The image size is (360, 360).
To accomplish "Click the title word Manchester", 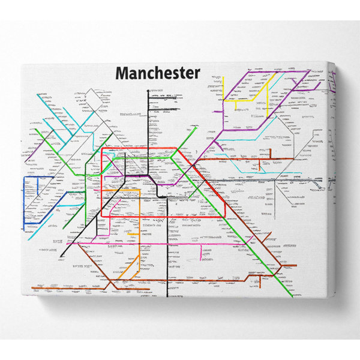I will click(x=157, y=73).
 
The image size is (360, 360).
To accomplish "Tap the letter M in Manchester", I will click(x=122, y=73).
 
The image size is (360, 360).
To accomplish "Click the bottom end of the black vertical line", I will click(x=167, y=296).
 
